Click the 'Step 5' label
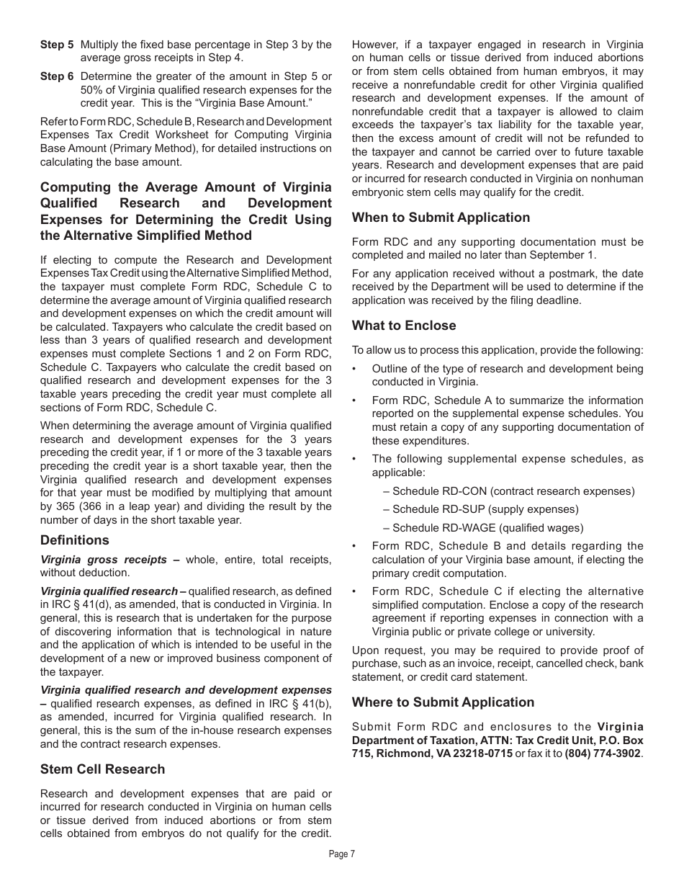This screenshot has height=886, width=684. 56,45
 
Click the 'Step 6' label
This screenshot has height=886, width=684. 56,76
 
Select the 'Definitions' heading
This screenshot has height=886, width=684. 75,540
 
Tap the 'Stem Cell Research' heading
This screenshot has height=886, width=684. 102,769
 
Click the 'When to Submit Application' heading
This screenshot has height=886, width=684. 441,218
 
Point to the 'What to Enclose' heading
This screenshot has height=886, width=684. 404,326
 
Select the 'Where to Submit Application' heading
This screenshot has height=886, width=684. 443,702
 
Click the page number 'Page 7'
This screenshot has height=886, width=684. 342,854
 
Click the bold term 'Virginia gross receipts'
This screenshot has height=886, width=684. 104,560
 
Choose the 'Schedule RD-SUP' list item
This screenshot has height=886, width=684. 485,509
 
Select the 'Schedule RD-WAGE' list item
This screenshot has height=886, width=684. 487,528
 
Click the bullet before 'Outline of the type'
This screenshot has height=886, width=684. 356,369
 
